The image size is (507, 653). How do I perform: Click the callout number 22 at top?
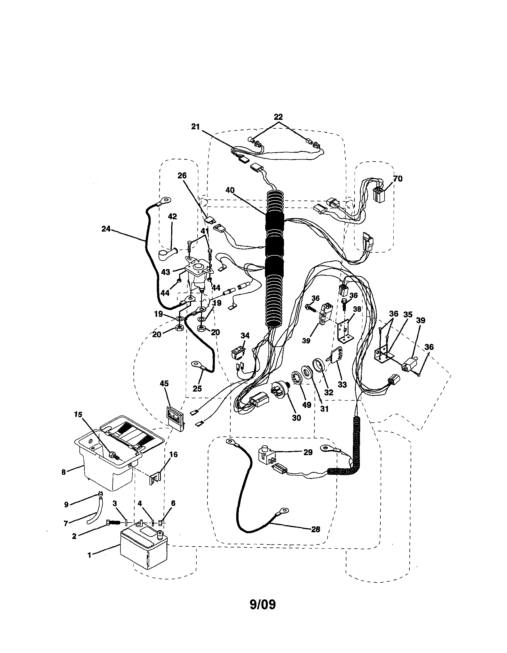278,117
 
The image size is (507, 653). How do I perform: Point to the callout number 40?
230,190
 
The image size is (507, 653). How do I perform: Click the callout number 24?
106,229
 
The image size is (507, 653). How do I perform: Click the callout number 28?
315,530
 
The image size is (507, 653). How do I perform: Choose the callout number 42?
173,217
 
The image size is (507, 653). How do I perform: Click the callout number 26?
182,176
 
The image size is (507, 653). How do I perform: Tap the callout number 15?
78,414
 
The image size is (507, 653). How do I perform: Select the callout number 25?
197,388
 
